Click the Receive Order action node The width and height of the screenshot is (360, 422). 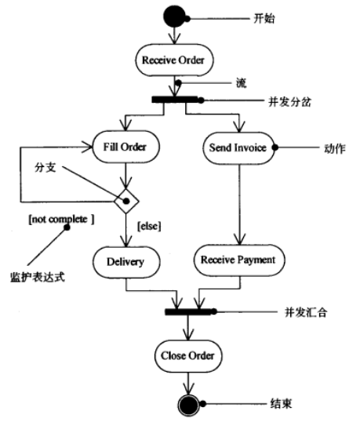pyautogui.click(x=174, y=60)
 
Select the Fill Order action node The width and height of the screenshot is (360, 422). pyautogui.click(x=126, y=147)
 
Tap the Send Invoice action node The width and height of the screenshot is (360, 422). pyautogui.click(x=238, y=147)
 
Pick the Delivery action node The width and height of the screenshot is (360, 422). pyautogui.click(x=126, y=262)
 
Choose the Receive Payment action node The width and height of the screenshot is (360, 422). pyautogui.click(x=239, y=260)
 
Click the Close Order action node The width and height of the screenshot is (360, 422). pyautogui.click(x=188, y=356)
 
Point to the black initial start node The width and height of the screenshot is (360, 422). pyautogui.click(x=174, y=16)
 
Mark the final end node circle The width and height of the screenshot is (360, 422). pyautogui.click(x=188, y=406)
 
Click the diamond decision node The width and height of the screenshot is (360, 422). pyautogui.click(x=126, y=201)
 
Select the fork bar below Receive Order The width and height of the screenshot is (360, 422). pyautogui.click(x=174, y=100)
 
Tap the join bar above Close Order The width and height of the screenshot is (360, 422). pyautogui.click(x=188, y=311)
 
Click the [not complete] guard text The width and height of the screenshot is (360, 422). pyautogui.click(x=61, y=220)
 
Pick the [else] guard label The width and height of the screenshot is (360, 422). pyautogui.click(x=149, y=226)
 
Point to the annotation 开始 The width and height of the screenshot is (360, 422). pyautogui.click(x=264, y=19)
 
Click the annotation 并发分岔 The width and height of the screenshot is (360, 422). pyautogui.click(x=289, y=102)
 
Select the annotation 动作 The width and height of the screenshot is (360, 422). pyautogui.click(x=335, y=148)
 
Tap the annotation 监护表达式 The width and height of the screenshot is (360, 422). pyautogui.click(x=38, y=277)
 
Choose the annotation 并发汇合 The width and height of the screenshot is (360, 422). pyautogui.click(x=306, y=312)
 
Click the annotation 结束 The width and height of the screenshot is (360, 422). pyautogui.click(x=281, y=404)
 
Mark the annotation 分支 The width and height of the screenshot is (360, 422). pyautogui.click(x=45, y=167)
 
